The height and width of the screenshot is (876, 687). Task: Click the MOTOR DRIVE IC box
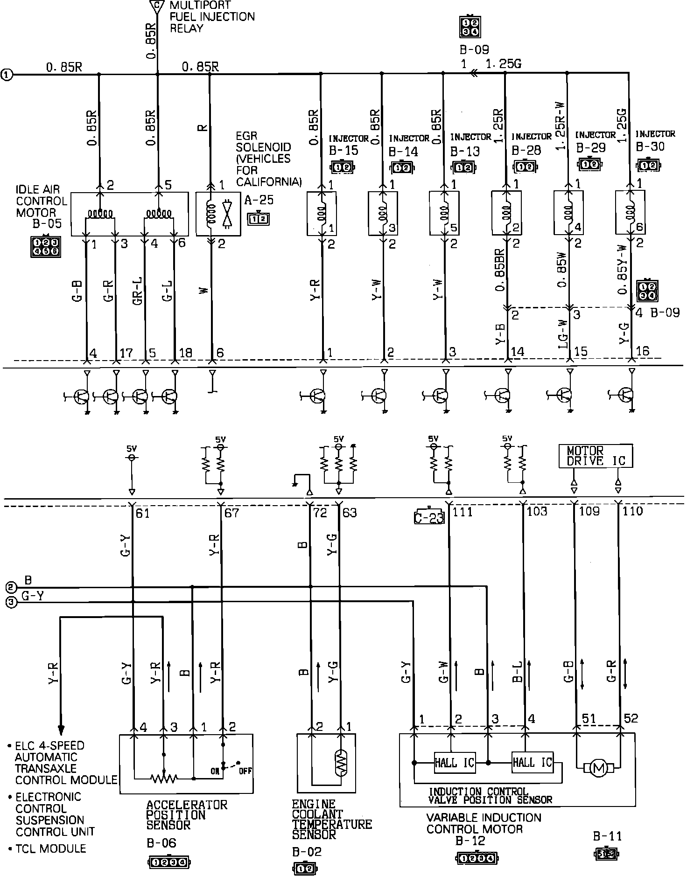point(596,456)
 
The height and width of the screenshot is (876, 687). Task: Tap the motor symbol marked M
point(598,766)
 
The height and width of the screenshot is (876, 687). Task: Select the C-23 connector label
point(429,517)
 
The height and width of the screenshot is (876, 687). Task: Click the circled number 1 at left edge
point(7,74)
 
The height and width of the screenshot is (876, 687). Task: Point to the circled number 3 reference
point(12,603)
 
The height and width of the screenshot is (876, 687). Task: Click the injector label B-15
point(343,150)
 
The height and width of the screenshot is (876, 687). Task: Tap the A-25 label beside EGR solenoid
point(259,201)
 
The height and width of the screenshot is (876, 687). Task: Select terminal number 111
point(463,512)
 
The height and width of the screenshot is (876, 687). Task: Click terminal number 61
point(142,514)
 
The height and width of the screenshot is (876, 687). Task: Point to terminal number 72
point(320,513)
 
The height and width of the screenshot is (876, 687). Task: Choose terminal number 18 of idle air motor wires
point(185,353)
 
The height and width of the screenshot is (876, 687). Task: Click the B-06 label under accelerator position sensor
point(161,842)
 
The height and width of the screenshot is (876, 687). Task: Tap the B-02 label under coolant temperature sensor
point(307,852)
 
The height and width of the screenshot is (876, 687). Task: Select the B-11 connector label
point(608,836)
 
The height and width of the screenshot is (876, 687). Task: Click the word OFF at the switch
point(245,771)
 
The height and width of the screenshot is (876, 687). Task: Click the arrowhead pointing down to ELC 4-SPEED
point(61,730)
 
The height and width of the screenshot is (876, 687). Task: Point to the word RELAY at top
point(186,28)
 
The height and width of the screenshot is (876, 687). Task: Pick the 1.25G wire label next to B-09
point(504,64)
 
